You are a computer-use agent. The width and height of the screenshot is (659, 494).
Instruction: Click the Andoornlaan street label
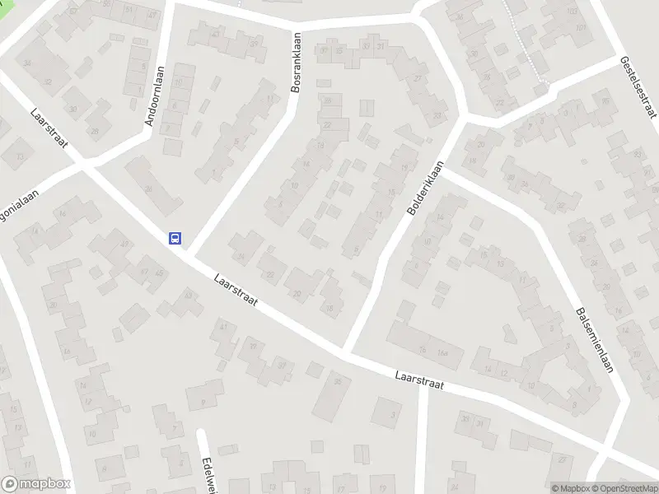coord(155,96)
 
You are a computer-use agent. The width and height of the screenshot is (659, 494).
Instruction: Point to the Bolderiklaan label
coord(425,188)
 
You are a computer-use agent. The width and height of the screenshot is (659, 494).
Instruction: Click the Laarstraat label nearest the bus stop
coord(234,290)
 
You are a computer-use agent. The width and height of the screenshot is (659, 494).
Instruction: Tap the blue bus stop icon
coord(175,238)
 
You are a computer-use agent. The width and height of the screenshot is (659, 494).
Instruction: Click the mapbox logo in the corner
coord(34,485)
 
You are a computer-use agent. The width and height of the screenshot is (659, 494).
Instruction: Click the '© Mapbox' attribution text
coord(569,488)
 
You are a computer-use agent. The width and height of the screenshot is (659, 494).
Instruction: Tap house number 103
coord(573,12)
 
